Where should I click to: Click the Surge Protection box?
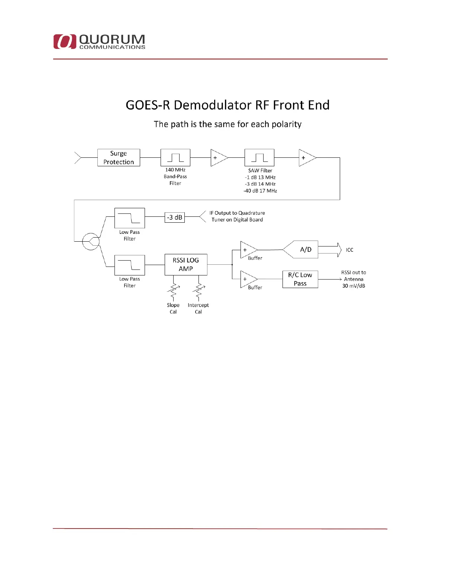point(119,158)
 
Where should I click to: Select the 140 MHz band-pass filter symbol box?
point(175,158)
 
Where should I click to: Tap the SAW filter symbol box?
point(259,158)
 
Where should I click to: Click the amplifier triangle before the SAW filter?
point(218,158)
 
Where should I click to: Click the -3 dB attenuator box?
point(175,218)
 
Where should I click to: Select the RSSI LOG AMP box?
point(186,265)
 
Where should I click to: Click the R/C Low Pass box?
point(300,279)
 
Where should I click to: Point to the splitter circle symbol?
point(91,241)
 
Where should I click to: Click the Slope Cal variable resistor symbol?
point(173,291)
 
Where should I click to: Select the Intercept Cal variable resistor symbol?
point(199,291)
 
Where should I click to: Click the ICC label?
point(349,250)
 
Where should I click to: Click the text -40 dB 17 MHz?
point(260,191)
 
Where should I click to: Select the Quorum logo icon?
point(65,42)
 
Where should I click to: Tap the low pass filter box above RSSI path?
point(130,218)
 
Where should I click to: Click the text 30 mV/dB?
point(354,286)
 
